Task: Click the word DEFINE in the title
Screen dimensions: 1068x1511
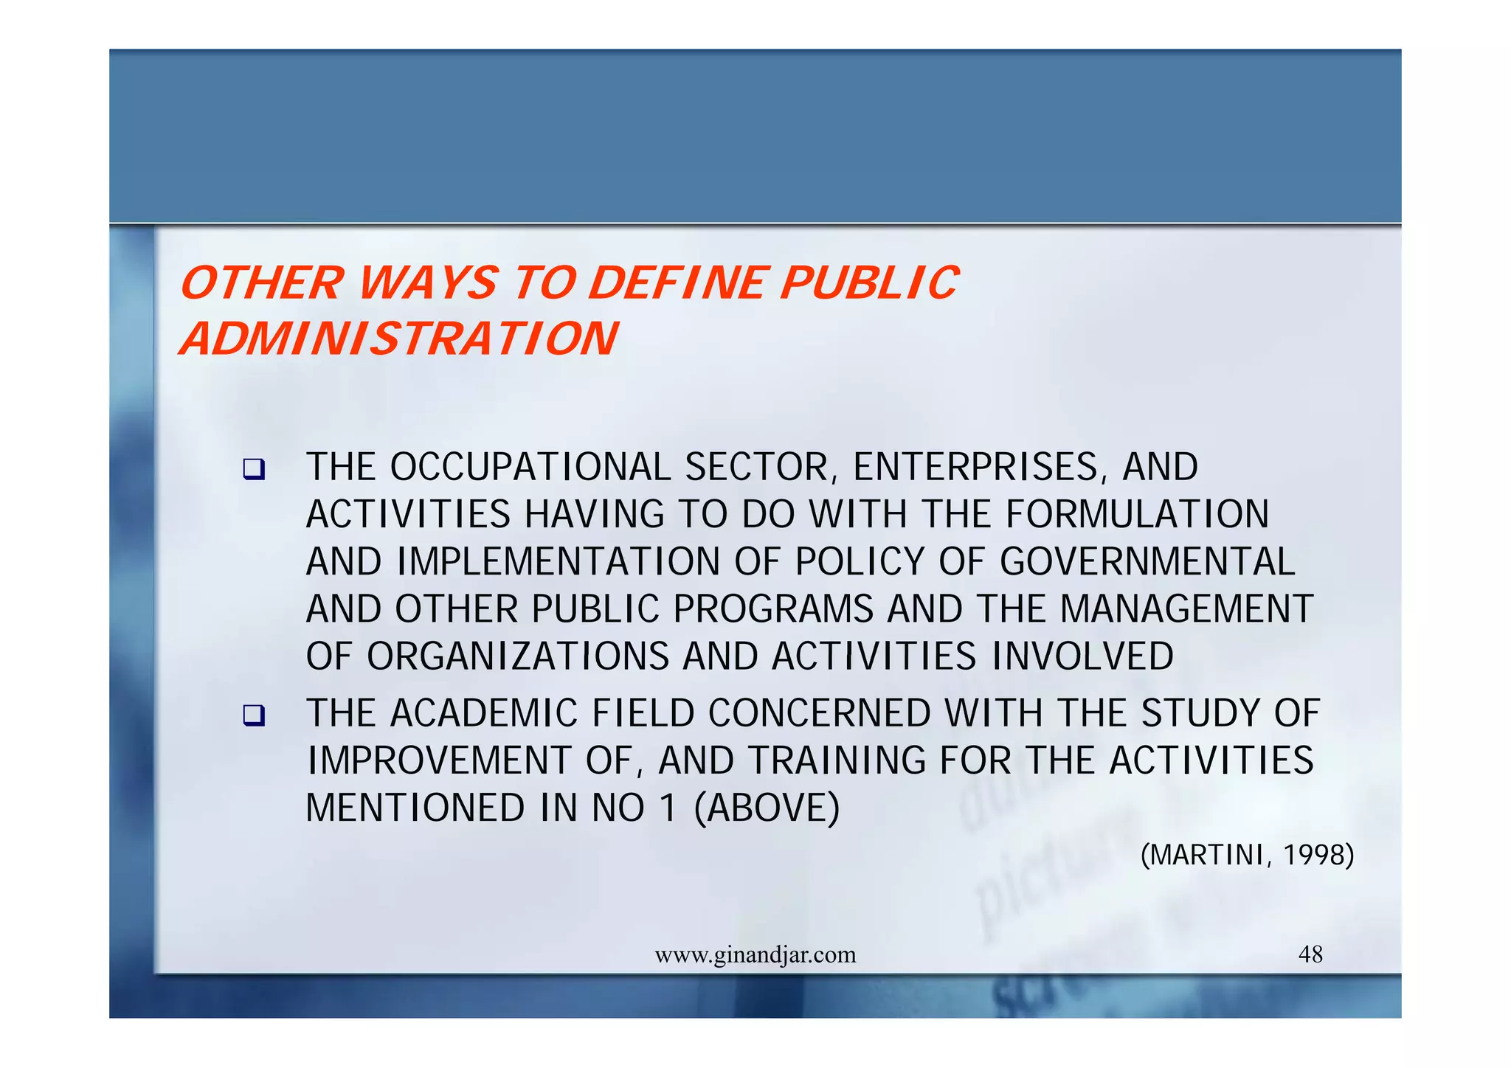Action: [678, 283]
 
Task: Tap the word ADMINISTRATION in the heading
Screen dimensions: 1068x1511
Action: [398, 339]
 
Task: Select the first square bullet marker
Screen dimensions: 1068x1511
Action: [254, 469]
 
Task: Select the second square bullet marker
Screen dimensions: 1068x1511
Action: [254, 715]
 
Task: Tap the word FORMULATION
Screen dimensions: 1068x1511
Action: [1137, 515]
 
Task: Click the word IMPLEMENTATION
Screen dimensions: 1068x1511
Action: [558, 562]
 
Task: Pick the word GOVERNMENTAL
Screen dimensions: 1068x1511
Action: [1147, 562]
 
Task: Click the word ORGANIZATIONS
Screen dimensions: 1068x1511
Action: [517, 656]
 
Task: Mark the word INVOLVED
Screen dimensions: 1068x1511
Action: [1082, 656]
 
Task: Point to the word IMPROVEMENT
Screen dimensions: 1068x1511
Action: [439, 761]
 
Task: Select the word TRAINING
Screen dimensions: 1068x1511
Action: [837, 761]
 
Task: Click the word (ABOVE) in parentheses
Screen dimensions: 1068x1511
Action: [767, 808]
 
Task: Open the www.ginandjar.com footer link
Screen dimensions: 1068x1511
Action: [755, 955]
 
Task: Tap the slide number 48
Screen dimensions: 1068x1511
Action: [1310, 955]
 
